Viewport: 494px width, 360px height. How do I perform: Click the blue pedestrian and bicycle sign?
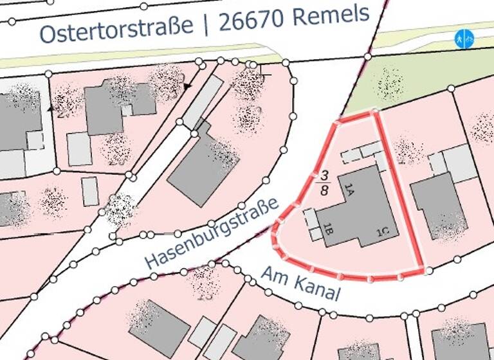pyautogui.click(x=463, y=39)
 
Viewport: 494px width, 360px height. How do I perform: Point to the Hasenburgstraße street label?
pyautogui.click(x=212, y=234)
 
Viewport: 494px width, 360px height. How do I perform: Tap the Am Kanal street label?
pyautogui.click(x=300, y=284)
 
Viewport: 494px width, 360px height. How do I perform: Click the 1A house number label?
pyautogui.click(x=349, y=188)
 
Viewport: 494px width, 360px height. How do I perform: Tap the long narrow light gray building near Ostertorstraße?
pyautogui.click(x=202, y=102)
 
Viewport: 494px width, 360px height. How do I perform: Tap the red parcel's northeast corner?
pyautogui.click(x=375, y=113)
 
